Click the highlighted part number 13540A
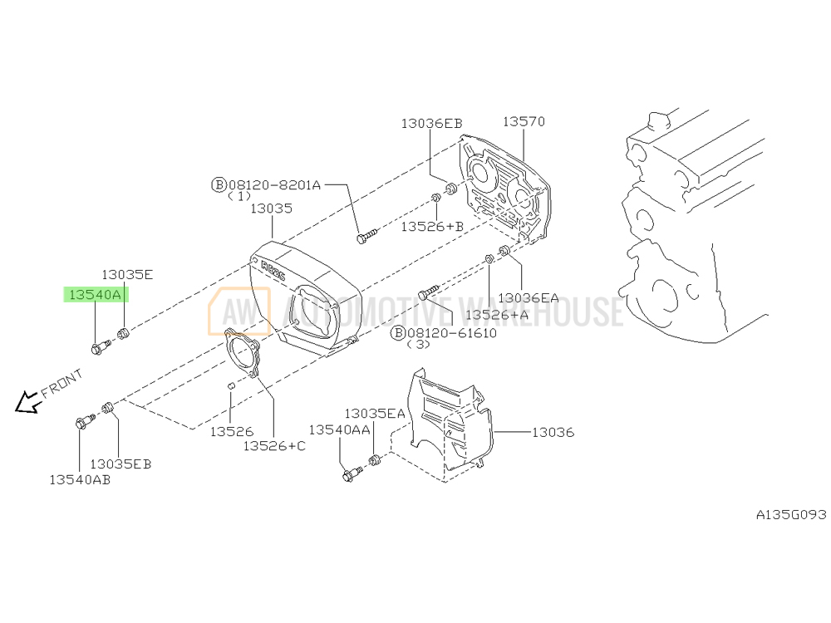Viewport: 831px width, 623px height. tap(96, 295)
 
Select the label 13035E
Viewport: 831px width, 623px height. tap(127, 274)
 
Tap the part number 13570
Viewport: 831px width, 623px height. tap(524, 121)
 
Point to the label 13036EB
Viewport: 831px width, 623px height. tap(431, 124)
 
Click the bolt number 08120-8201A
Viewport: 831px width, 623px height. tap(274, 185)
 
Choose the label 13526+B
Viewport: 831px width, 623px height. tap(432, 227)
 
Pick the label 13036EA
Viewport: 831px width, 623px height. tap(529, 297)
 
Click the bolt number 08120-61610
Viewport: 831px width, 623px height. tap(452, 333)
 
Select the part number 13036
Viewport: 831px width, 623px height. tap(553, 432)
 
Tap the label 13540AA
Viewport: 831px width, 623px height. tap(339, 429)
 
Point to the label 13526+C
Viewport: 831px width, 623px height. tap(274, 446)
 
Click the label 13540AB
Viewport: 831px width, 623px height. tap(80, 480)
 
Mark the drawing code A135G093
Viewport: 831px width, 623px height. tap(791, 514)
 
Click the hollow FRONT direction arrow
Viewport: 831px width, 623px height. tap(27, 403)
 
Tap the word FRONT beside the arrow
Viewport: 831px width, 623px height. tap(62, 383)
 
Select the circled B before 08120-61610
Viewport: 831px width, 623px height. tap(398, 333)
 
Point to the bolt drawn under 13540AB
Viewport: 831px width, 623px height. tap(85, 422)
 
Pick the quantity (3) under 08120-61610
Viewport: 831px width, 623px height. tap(418, 345)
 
